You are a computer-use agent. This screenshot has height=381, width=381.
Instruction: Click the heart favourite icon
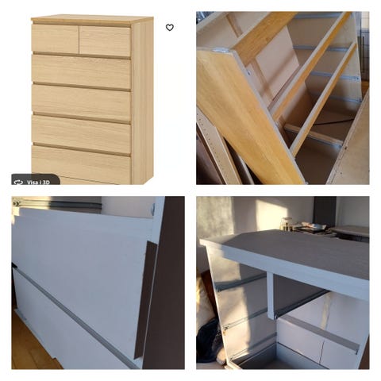coord(170,28)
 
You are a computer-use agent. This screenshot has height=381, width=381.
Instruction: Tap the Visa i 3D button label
coord(38,182)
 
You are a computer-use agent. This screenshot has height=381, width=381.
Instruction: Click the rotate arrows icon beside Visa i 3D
coord(18,182)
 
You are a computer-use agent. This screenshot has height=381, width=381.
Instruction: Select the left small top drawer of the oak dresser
coord(55,38)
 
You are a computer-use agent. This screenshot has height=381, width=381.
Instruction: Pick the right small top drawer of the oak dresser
coord(105,40)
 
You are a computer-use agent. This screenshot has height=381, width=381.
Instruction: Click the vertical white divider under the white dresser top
coord(270,296)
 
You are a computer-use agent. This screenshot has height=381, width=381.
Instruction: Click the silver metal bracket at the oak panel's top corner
coord(221,50)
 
